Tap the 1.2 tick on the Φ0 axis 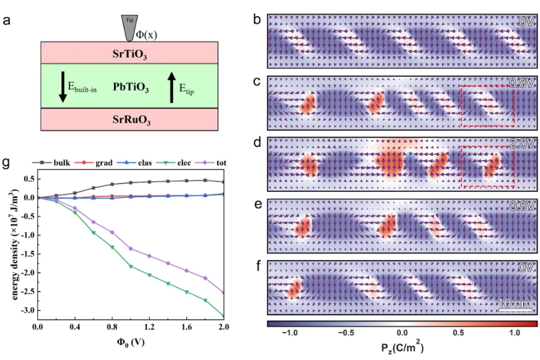[x=149, y=328]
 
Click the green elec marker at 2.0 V [x=223, y=316]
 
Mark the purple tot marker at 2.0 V [x=223, y=292]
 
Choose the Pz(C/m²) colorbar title [x=402, y=347]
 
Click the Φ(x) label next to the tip [x=148, y=35]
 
